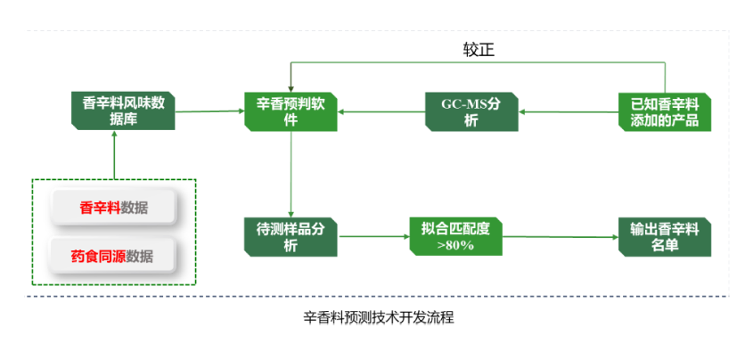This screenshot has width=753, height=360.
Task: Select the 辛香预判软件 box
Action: (x=291, y=111)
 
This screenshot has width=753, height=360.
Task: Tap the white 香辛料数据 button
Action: (x=113, y=208)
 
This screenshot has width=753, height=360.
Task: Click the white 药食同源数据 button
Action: (x=112, y=256)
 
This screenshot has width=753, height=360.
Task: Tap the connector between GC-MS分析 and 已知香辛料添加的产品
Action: (x=567, y=111)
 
